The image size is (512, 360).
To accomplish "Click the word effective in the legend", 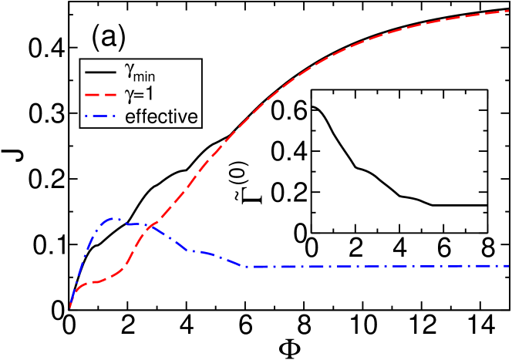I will pyautogui.click(x=162, y=116).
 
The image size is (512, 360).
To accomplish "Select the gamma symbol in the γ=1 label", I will pyautogui.click(x=130, y=96).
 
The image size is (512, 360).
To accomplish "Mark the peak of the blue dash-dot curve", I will pyautogui.click(x=113, y=218).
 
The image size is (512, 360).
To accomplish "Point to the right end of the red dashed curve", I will pyautogui.click(x=509, y=11).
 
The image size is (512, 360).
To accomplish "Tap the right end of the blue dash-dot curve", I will pyautogui.click(x=509, y=266).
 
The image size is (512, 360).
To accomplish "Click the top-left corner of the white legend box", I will pyautogui.click(x=80, y=60).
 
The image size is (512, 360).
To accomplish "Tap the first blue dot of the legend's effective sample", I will pyautogui.click(x=85, y=116).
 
